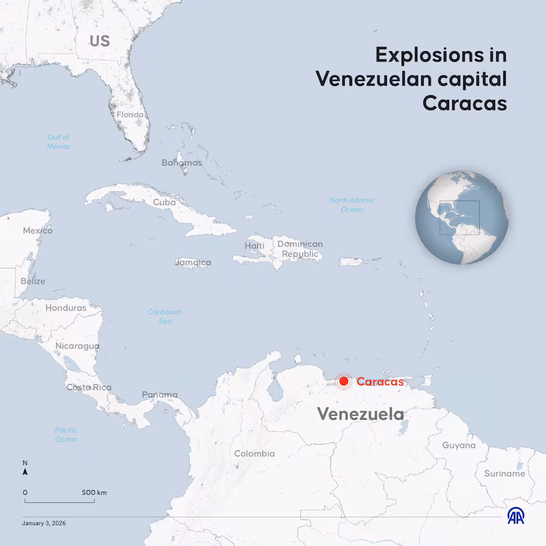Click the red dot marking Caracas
click(344, 382)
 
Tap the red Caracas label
click(379, 382)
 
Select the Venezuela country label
click(360, 414)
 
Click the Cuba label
click(164, 202)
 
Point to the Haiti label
click(255, 246)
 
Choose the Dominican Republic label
click(300, 249)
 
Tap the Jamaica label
click(193, 262)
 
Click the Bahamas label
click(182, 162)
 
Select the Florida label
click(130, 115)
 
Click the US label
click(100, 41)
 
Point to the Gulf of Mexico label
click(59, 142)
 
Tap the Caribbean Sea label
click(165, 316)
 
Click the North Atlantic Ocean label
click(351, 205)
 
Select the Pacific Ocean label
click(66, 435)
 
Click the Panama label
click(160, 394)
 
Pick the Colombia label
click(254, 453)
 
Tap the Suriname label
click(504, 473)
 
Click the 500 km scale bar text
click(94, 492)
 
